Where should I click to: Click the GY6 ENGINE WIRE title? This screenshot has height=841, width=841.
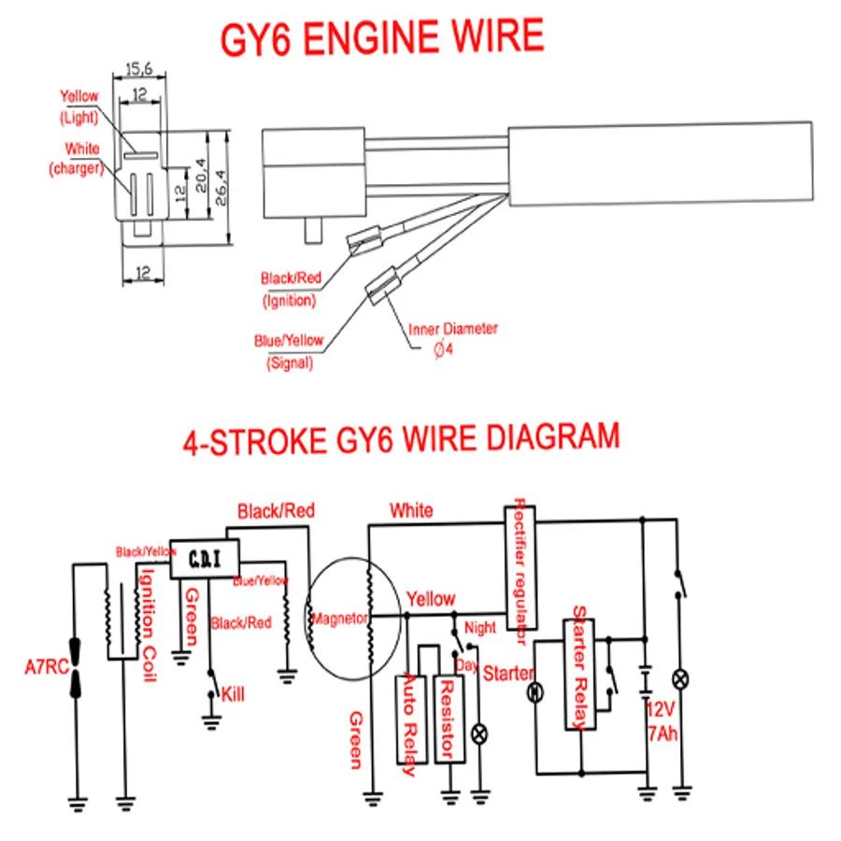click(381, 36)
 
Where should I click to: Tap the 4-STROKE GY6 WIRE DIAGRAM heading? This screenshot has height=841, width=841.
click(401, 439)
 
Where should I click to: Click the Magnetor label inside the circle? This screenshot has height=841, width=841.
click(340, 618)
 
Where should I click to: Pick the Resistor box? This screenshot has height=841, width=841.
click(449, 718)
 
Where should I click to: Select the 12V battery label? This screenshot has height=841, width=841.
click(661, 710)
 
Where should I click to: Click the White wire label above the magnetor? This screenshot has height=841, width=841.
click(411, 510)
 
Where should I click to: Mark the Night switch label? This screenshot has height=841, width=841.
click(480, 628)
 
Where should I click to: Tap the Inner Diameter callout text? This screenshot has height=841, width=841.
click(453, 329)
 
